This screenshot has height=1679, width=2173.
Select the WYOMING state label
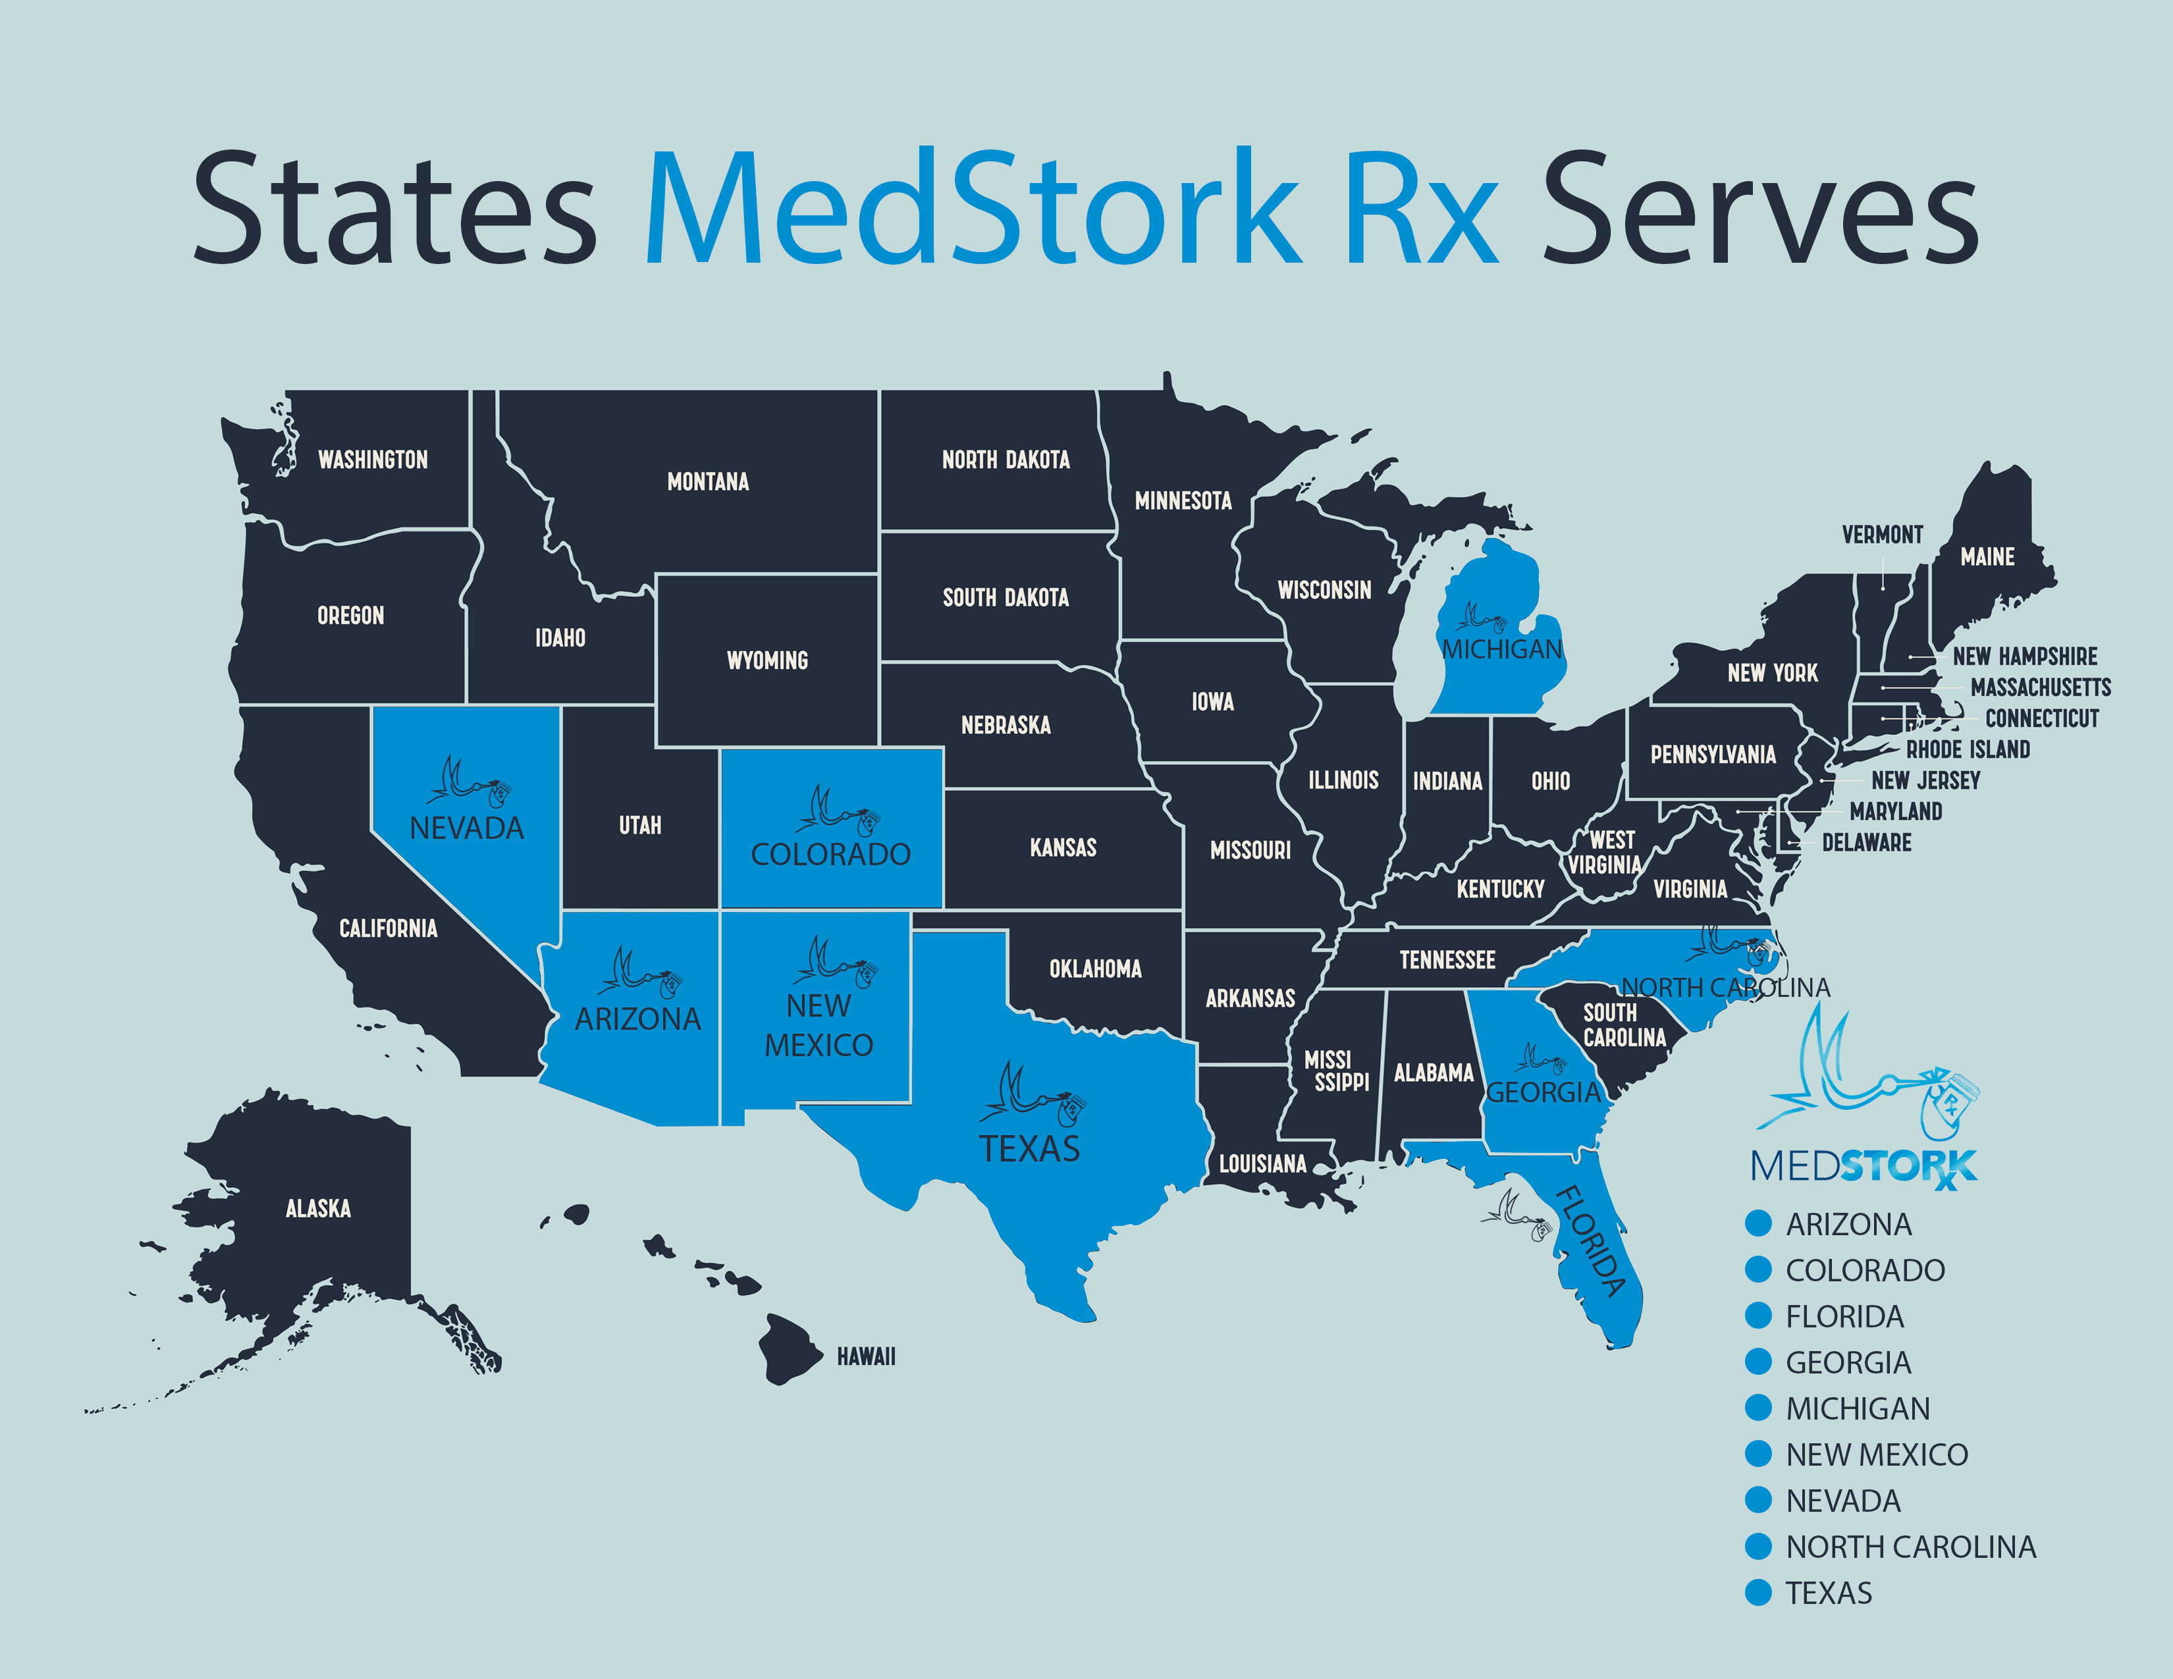click(767, 660)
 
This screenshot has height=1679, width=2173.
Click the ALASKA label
click(319, 1208)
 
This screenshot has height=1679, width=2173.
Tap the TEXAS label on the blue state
click(1029, 1150)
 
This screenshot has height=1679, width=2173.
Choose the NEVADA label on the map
click(467, 828)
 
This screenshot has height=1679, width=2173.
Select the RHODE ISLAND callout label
click(1967, 750)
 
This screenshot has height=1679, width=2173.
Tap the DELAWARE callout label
click(1867, 843)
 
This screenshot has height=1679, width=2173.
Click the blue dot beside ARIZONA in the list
click(1758, 1223)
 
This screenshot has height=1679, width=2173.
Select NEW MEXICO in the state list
click(1877, 1455)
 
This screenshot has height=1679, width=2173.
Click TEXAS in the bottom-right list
click(1829, 1593)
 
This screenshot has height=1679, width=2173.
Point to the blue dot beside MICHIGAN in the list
click(1758, 1408)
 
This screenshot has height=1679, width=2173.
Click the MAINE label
click(1987, 557)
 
